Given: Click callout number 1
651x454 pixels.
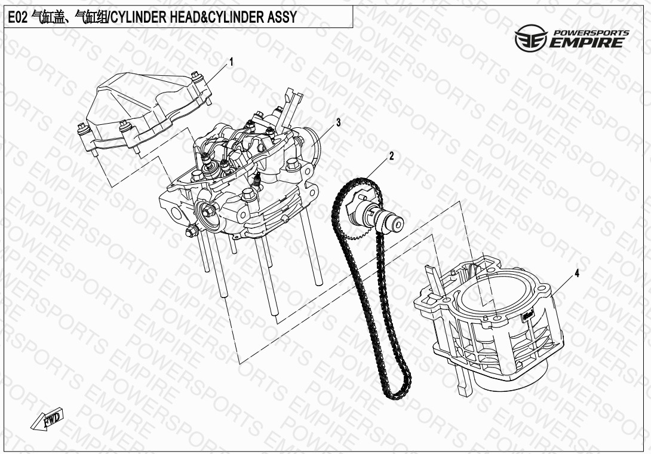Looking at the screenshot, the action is pos(232,63).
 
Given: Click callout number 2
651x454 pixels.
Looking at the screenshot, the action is pos(391,157).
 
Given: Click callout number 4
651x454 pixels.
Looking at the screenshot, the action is pos(577,274).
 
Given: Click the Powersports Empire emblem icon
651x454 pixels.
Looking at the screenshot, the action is pos(531,38).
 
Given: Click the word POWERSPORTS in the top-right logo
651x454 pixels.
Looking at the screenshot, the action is pos(590,32).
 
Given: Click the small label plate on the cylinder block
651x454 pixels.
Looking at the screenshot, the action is pos(528,315).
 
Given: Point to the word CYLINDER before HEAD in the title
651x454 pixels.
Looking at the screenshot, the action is pos(141,17).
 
